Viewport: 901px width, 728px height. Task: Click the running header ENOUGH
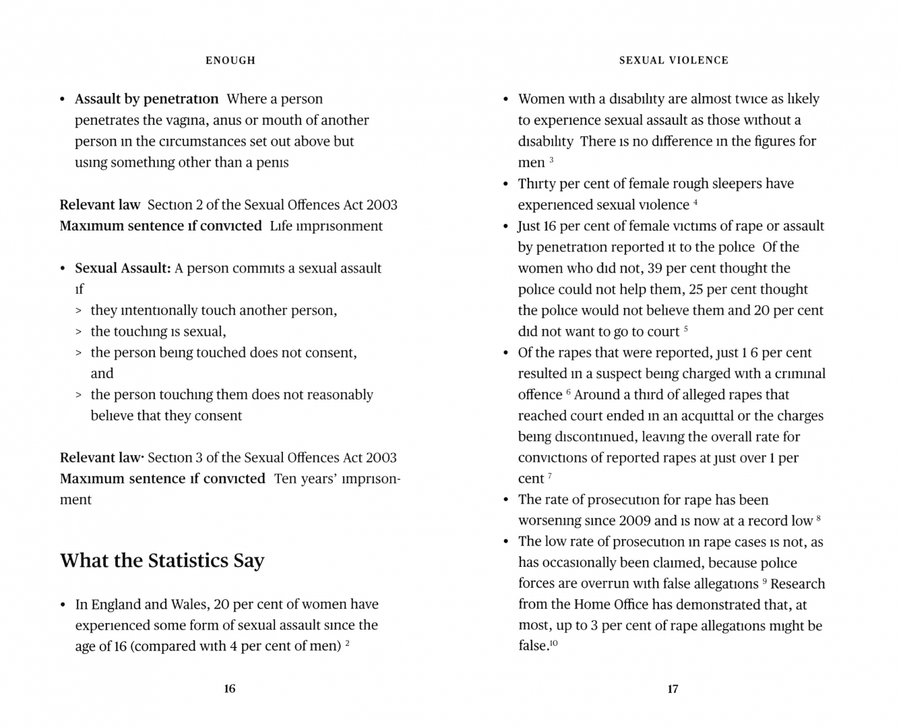[230, 61]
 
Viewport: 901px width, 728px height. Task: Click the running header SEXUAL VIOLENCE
[674, 61]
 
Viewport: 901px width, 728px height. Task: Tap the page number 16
[230, 688]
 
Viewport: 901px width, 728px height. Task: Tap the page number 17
[673, 689]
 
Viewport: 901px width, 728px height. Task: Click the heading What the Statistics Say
[162, 561]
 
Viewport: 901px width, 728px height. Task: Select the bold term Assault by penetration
[146, 99]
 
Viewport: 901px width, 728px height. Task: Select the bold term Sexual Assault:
[123, 268]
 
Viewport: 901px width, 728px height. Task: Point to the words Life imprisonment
[326, 226]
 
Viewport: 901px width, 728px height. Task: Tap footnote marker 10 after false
[553, 644]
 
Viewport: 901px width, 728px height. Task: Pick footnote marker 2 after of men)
[347, 644]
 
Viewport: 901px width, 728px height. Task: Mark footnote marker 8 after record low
[818, 518]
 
